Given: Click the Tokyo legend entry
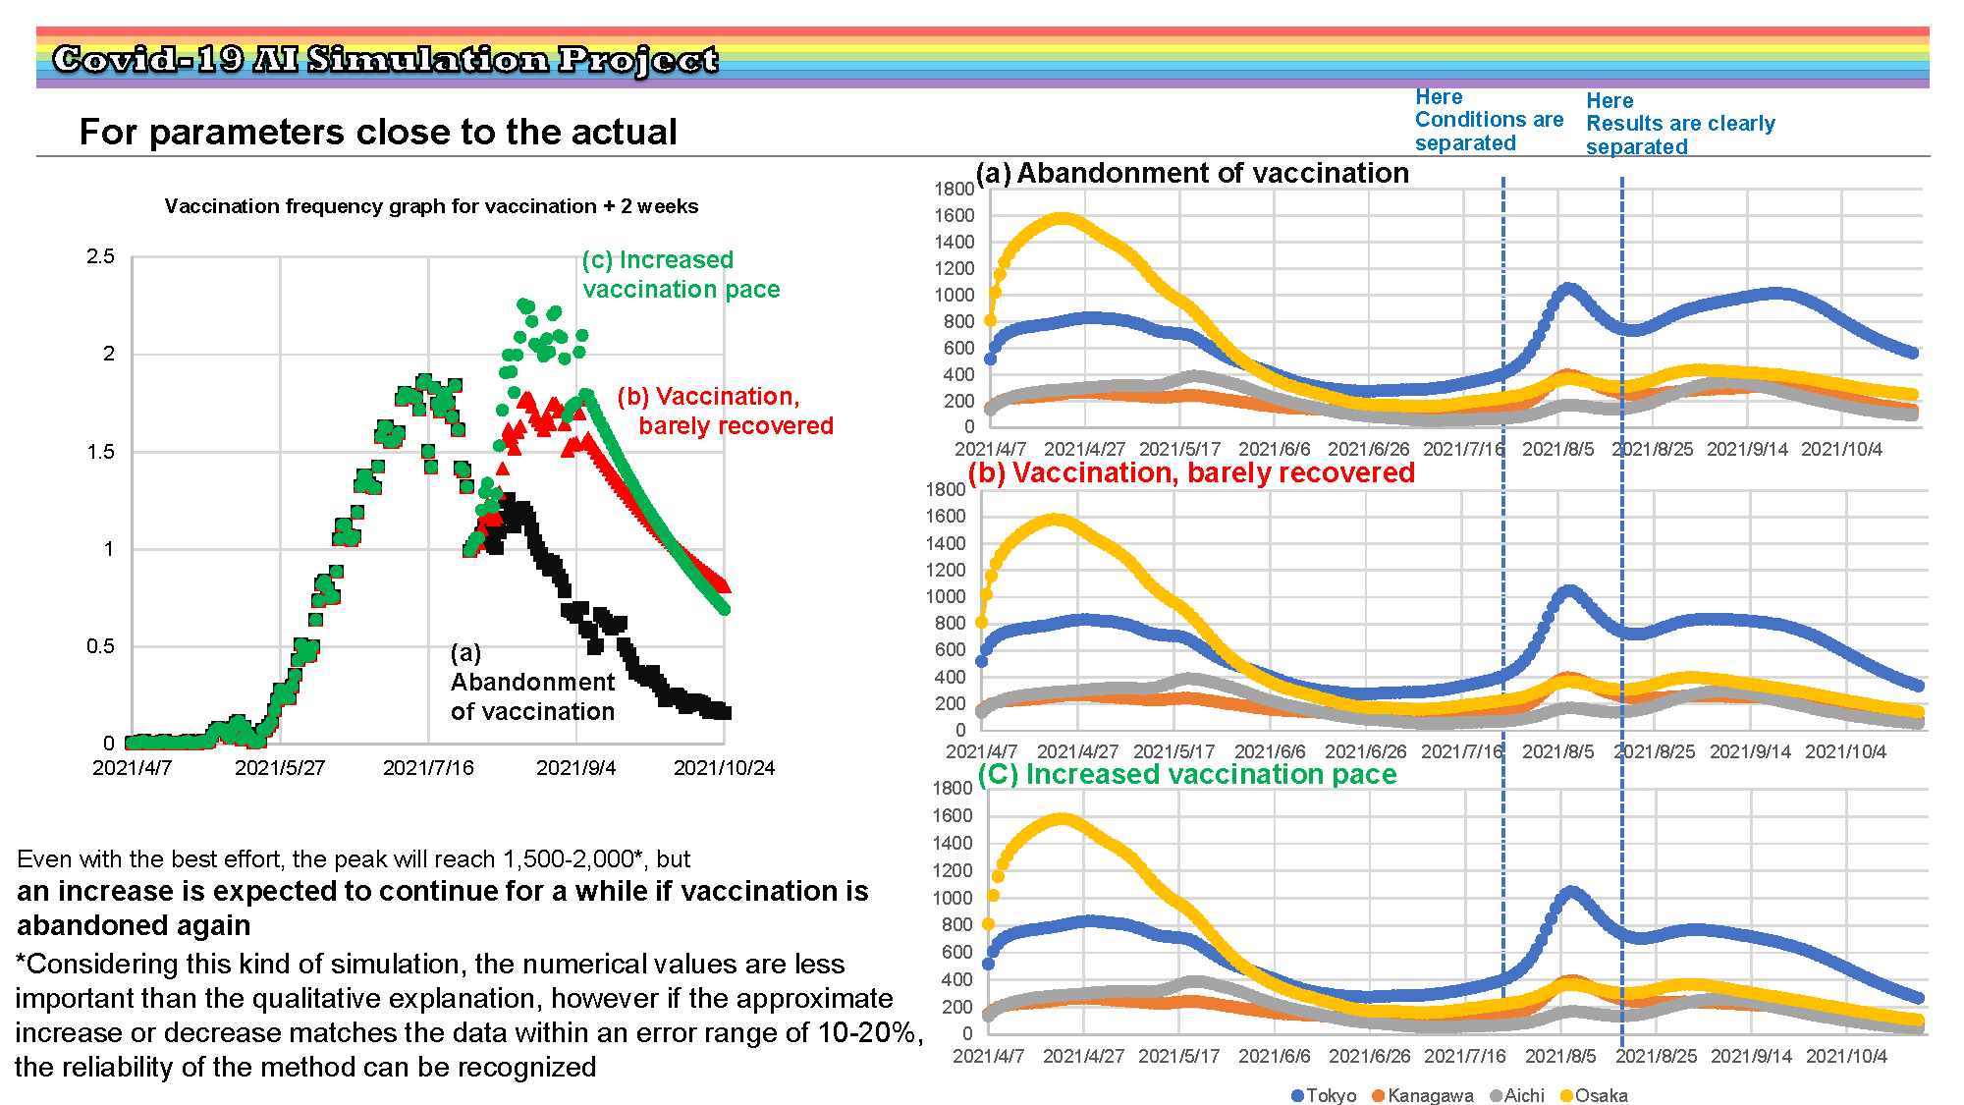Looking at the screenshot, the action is [1324, 1095].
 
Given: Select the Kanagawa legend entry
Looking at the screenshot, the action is [1423, 1095].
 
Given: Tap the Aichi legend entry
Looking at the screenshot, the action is [1517, 1095].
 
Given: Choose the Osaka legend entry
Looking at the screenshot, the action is [1594, 1095].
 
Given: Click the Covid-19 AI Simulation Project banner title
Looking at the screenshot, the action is [385, 59].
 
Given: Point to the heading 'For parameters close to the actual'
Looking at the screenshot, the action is [378, 132].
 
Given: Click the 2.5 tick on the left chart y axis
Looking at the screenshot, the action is [100, 256].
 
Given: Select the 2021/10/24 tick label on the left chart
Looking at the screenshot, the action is [724, 768].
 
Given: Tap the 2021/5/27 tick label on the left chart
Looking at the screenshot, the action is [280, 768].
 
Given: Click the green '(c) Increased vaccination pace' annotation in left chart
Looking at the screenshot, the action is [681, 275].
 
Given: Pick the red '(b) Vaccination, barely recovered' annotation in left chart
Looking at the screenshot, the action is [725, 411].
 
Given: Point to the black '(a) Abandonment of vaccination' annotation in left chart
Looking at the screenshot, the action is [532, 682].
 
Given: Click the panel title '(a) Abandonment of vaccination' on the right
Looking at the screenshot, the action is [1192, 173].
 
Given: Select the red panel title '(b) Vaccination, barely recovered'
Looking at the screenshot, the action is [1191, 472].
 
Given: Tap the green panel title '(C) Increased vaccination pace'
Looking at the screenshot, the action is [1187, 774].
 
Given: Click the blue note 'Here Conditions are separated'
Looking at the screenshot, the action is [1489, 120].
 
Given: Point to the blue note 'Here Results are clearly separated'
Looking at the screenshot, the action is [1680, 124].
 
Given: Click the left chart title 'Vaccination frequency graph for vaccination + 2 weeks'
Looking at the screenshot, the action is [431, 206].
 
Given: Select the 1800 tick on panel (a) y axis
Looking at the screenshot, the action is [955, 189].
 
